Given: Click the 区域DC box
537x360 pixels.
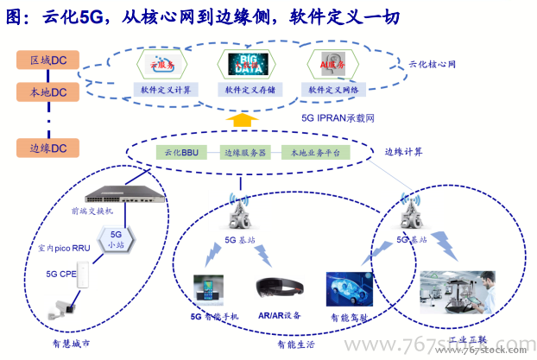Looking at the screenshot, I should [x=47, y=60].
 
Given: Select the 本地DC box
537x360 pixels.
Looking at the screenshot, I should [x=47, y=91].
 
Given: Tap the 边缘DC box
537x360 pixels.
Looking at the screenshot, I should [x=47, y=148].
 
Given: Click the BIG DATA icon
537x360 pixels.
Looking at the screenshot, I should [x=248, y=65].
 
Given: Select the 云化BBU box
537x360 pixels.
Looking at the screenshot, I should [x=183, y=152].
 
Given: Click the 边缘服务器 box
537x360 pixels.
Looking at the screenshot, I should [x=245, y=152].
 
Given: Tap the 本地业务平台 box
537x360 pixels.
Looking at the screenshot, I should [x=316, y=152].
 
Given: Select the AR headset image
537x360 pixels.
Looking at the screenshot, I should [x=276, y=289].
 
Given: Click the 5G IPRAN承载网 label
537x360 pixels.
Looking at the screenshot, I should [x=337, y=117].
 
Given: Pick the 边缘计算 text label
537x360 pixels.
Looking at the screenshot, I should [x=404, y=152].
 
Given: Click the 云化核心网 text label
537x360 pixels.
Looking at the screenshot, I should [x=432, y=65].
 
